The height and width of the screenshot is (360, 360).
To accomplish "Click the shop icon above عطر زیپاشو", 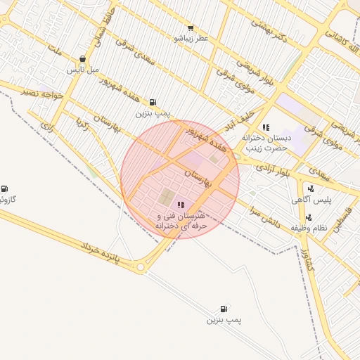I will tap(191, 28).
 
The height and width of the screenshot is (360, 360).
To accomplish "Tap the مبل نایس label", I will tap(83, 70).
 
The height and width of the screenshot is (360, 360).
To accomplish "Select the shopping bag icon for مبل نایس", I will tap(83, 59).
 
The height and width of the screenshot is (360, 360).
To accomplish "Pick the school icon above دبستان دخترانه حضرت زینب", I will tap(266, 127).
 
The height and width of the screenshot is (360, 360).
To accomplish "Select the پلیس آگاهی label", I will tap(311, 200).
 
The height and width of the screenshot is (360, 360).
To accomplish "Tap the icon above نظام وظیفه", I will tap(309, 217).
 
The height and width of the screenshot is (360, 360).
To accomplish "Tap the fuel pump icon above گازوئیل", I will tap(5, 188).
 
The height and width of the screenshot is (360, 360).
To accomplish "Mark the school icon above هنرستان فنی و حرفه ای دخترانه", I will tap(181, 205).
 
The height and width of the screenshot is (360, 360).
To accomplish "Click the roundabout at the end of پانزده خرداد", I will tap(142, 267).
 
